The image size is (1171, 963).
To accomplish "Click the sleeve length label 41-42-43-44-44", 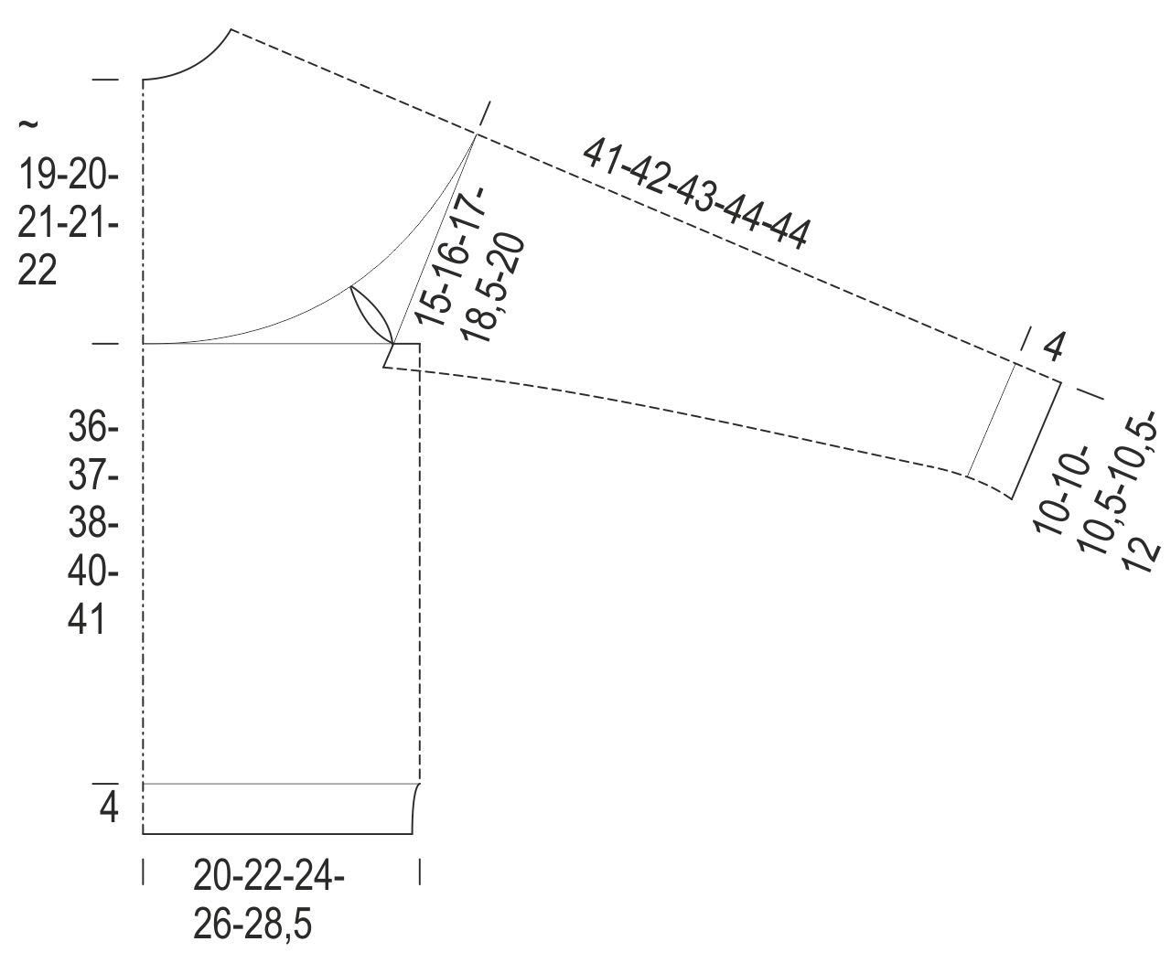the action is (695, 194).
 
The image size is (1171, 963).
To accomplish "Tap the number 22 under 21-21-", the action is (38, 271).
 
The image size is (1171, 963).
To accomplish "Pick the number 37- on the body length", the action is (93, 476).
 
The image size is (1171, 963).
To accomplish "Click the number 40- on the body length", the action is (93, 571).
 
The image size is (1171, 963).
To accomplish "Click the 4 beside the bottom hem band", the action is (109, 808).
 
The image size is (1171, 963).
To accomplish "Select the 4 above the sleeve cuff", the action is (1053, 348).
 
